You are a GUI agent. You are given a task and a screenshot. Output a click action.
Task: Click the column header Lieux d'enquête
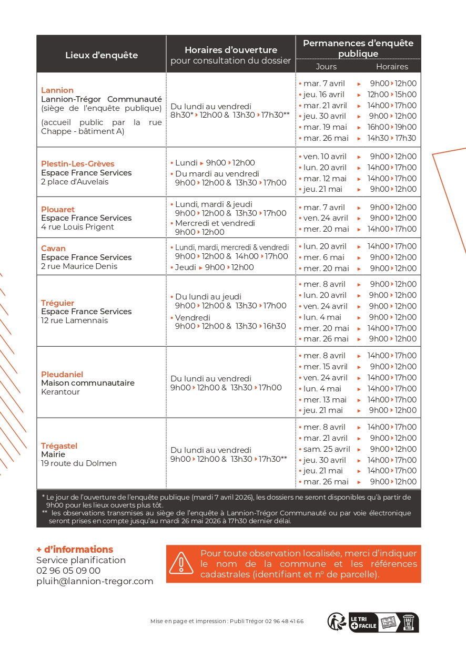pos(102,55)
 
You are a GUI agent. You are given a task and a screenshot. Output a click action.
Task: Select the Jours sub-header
pos(326,67)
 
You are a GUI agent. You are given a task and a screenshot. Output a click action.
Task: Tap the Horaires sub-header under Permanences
pos(392,67)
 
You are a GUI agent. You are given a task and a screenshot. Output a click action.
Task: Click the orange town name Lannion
pos(57,90)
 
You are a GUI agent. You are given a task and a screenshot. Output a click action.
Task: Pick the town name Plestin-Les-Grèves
pos(78,164)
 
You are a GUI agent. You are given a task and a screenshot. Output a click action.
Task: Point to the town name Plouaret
pos(58,209)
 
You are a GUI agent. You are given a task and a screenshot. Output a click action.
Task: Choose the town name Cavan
pos(54,249)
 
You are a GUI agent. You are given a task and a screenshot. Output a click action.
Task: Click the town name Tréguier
pos(58,303)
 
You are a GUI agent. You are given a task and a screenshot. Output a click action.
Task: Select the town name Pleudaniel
pos(62,375)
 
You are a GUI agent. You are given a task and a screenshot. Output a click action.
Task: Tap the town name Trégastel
pos(59,446)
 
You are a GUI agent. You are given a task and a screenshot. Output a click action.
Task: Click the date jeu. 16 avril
pos(323,95)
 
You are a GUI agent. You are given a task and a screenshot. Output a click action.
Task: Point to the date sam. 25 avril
pos(327,449)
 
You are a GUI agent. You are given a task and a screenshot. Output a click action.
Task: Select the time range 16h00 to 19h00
pos(392,127)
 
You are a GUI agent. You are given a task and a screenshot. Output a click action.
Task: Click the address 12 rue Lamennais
pos(74,320)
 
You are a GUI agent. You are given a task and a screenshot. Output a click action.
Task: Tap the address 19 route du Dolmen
pos(79,463)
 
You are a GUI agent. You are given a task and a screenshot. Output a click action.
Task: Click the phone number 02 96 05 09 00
pos(68,571)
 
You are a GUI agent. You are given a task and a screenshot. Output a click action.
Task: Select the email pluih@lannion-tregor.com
pos(95,581)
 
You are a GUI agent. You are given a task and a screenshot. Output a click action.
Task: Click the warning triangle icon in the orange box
pos(181,563)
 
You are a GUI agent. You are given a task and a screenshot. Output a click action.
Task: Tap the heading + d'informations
pos(75,550)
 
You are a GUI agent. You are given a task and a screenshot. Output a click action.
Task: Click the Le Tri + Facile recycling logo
pos(363,622)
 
